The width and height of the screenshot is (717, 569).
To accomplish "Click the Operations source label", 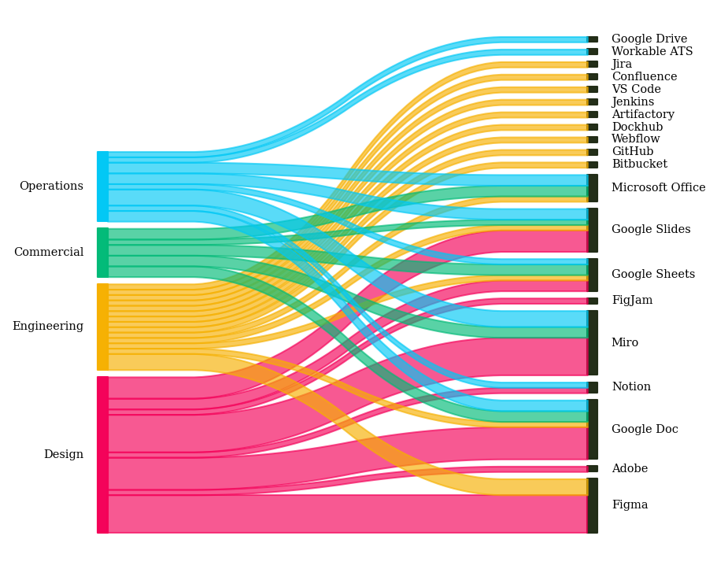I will (x=51, y=187).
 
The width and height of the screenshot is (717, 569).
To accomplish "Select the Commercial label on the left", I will (x=49, y=253).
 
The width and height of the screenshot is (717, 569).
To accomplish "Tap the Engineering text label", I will (x=48, y=327).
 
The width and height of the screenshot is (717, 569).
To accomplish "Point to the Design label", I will (x=64, y=455).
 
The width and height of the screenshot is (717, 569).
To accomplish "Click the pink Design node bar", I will (x=102, y=455).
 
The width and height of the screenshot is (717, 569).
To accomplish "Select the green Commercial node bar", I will (x=102, y=253).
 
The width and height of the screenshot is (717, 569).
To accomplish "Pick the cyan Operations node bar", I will (x=102, y=187).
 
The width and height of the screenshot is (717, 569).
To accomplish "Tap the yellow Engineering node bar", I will (x=102, y=327).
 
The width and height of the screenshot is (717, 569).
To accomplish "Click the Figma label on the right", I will (x=630, y=505).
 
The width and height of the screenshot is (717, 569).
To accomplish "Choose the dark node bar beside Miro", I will (x=593, y=342).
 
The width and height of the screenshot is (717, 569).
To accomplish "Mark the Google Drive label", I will (x=649, y=39).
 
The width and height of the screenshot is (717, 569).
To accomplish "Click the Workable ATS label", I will (x=652, y=52).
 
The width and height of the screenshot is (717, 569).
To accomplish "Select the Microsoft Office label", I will (x=658, y=188).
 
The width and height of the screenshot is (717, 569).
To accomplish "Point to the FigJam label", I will (x=632, y=301).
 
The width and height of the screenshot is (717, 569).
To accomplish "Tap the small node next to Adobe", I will (x=593, y=468).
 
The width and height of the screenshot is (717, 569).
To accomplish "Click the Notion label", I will (x=631, y=387).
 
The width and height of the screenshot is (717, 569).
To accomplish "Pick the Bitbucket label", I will (x=639, y=164).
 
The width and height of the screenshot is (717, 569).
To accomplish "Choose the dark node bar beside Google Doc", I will (x=593, y=429).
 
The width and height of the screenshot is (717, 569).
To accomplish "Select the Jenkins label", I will (x=633, y=102).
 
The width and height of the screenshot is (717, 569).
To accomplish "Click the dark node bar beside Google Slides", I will (x=593, y=230).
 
